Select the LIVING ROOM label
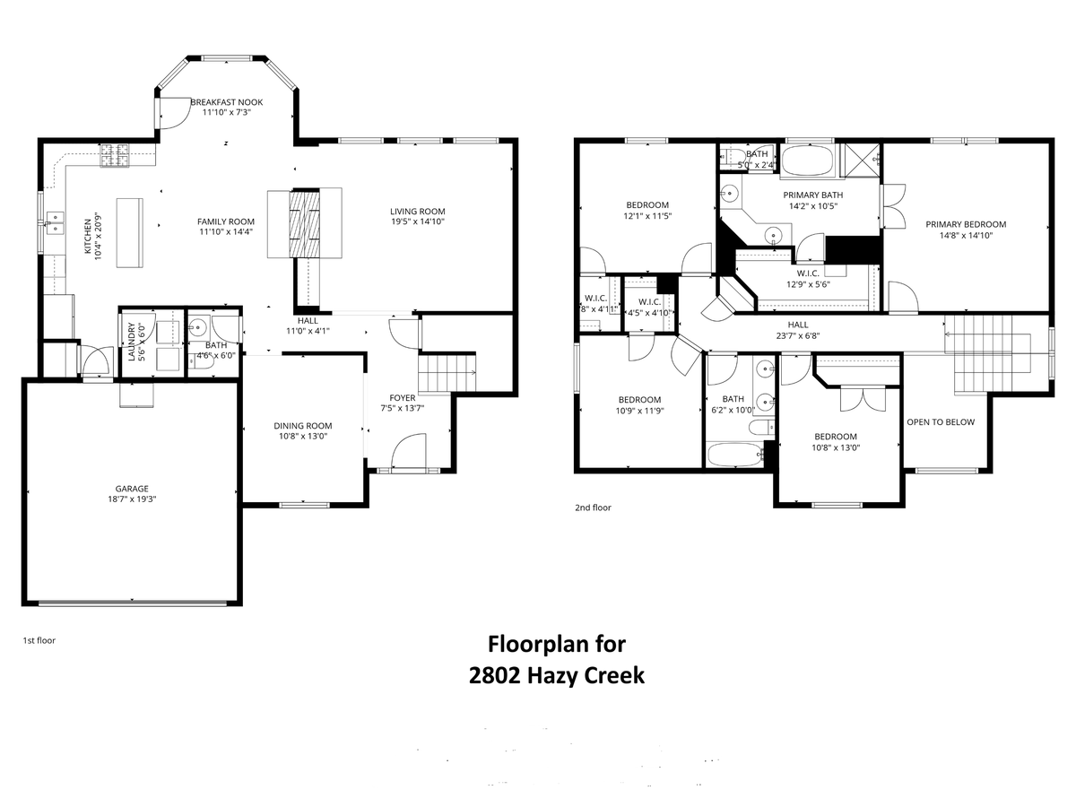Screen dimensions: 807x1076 pyautogui.click(x=417, y=211)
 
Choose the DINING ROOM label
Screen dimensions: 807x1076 pyautogui.click(x=303, y=426)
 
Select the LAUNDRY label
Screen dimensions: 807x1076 pyautogui.click(x=131, y=342)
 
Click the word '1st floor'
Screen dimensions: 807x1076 pyautogui.click(x=39, y=640)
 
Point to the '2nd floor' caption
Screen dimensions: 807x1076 pyautogui.click(x=593, y=508)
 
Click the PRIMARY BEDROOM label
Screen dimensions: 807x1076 pyautogui.click(x=966, y=224)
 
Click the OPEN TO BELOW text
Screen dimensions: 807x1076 pyautogui.click(x=940, y=421)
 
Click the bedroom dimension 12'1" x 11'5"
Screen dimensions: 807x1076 pyautogui.click(x=647, y=216)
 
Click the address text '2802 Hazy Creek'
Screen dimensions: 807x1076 pyautogui.click(x=557, y=675)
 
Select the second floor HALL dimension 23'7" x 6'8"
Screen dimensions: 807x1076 pyautogui.click(x=797, y=336)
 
